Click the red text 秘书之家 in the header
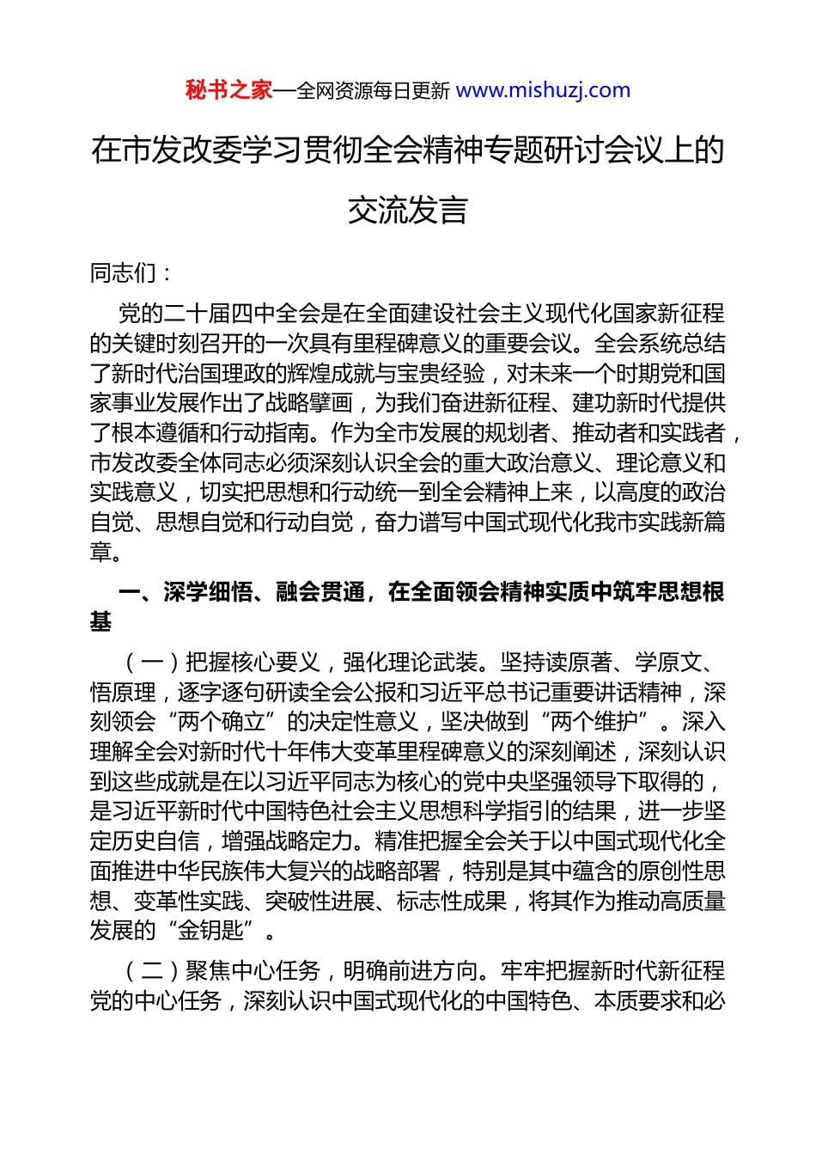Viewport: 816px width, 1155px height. pyautogui.click(x=228, y=90)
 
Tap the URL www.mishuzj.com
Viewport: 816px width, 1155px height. pyautogui.click(x=543, y=90)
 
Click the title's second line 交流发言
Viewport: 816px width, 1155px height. pyautogui.click(x=408, y=210)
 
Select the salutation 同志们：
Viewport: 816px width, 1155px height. pyautogui.click(x=131, y=273)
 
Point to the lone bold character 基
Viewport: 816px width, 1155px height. pyautogui.click(x=100, y=621)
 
